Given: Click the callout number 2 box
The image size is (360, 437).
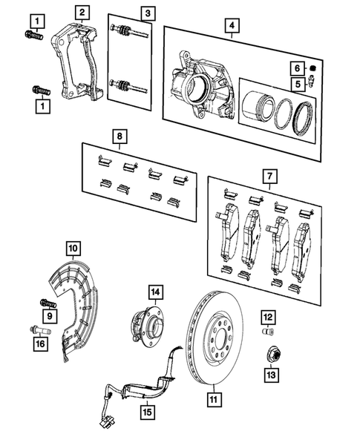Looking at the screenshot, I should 81,12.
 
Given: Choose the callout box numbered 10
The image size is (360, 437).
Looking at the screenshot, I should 73,246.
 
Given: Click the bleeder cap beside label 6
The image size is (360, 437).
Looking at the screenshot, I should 314,69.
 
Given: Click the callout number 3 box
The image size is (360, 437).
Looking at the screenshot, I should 148,13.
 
